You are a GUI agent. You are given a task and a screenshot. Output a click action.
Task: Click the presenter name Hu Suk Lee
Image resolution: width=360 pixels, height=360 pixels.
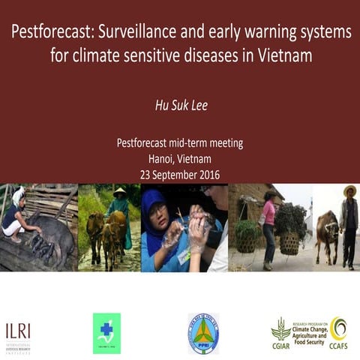180,105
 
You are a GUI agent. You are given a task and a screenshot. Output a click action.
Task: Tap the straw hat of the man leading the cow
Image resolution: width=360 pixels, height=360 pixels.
349,192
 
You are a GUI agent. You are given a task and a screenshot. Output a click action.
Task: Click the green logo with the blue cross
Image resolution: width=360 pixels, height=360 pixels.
106,333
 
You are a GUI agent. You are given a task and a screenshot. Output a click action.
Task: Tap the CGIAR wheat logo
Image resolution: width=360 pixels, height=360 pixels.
280,330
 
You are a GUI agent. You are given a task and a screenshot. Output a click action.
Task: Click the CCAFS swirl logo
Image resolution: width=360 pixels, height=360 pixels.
338,328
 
